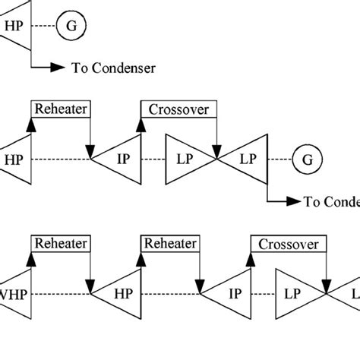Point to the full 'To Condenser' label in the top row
coord(114,68)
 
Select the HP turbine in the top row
coord(15,25)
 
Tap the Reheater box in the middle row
coord(60,109)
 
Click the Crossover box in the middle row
coord(179,109)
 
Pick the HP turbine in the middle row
coord(15,159)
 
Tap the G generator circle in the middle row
coord(308,159)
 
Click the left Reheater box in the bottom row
coord(60,243)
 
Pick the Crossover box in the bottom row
coord(289,244)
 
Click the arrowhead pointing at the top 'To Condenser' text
coord(58,68)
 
